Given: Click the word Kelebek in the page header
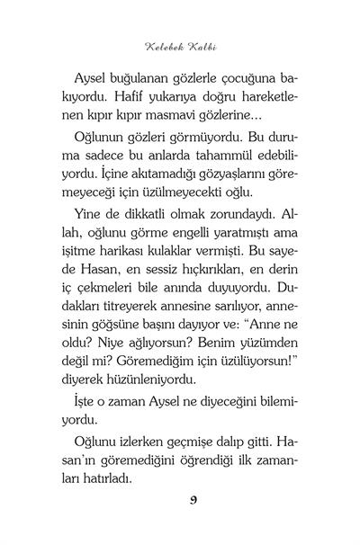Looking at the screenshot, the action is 163,43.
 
